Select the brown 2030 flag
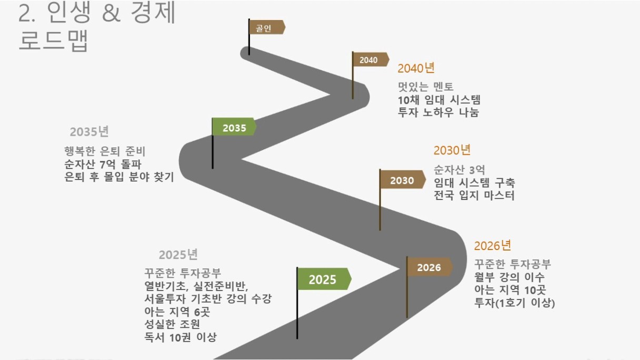coord(402,179)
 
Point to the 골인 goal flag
coord(266,27)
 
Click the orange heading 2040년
coord(416,68)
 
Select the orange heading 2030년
coord(452,151)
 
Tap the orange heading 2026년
coord(493,246)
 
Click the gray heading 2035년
coord(89,132)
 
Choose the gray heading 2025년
coord(178,255)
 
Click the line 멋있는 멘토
coord(425,86)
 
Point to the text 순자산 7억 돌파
coord(103,164)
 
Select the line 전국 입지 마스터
coord(474,195)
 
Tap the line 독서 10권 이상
coord(181,337)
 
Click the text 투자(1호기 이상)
coord(515,303)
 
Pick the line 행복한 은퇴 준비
coord(105,152)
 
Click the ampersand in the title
coord(111,13)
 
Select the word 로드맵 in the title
coord(53,41)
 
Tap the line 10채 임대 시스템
coord(439,100)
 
